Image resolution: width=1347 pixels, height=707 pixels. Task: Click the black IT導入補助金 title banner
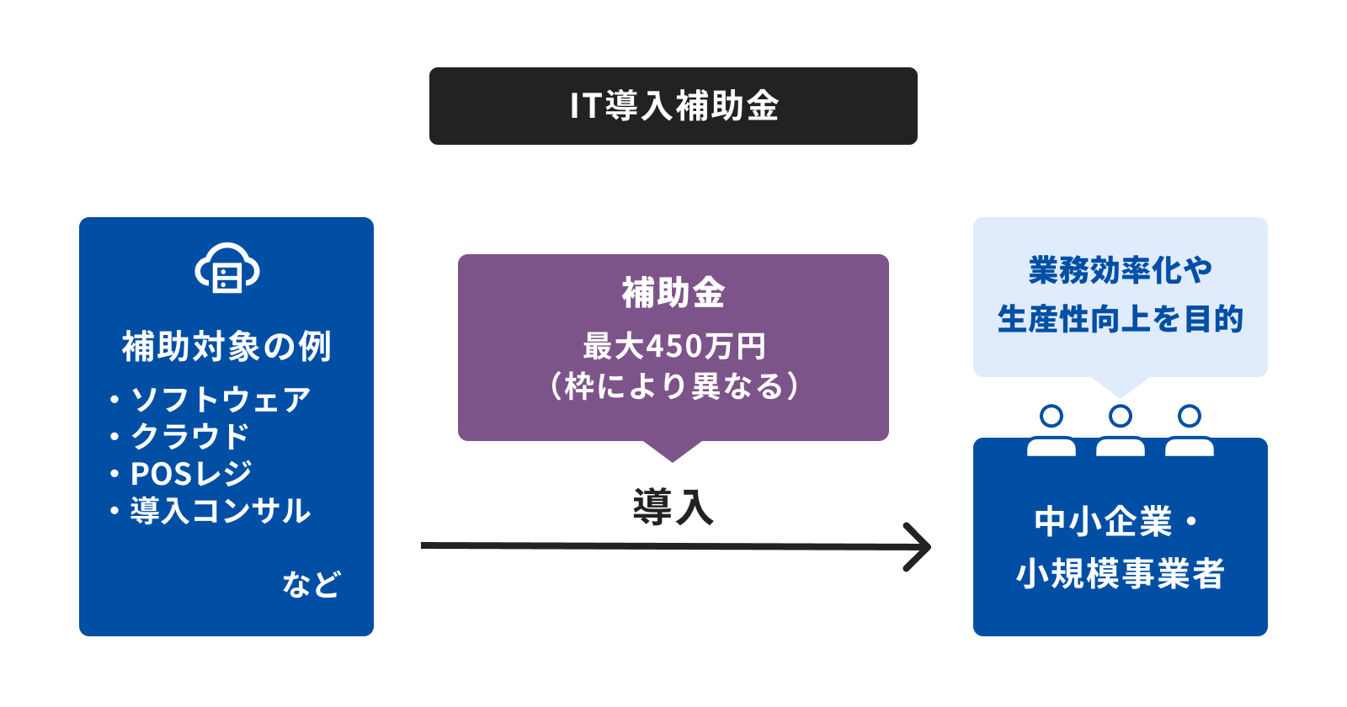673,106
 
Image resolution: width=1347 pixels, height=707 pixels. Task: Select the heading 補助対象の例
226,346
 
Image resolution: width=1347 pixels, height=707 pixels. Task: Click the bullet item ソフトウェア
221,400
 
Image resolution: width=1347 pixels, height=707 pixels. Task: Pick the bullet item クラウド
189,437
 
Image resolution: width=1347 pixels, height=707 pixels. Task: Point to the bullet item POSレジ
191,473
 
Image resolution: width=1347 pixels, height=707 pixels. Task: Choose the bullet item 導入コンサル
221,510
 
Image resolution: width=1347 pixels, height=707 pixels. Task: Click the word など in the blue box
311,584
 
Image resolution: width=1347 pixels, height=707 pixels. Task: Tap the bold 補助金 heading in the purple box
673,294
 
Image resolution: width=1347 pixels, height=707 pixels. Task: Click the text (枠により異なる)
673,386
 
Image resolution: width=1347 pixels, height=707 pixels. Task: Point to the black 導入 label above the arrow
673,507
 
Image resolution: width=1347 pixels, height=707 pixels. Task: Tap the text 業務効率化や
1121,270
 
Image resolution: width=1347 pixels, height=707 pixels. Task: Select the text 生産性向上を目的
1121,319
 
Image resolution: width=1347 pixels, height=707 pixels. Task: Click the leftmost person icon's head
1052,416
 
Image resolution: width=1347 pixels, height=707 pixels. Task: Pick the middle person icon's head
1121,416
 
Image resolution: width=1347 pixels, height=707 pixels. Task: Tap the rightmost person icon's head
1190,416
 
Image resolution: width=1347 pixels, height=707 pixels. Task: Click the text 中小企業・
1116,521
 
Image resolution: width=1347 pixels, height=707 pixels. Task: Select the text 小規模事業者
1121,573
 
